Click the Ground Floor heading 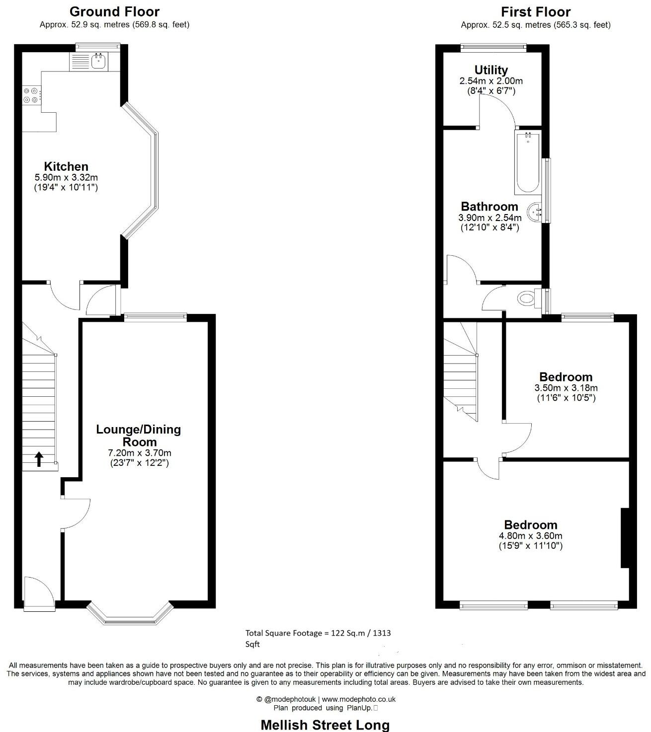(114, 11)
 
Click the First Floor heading (535, 11)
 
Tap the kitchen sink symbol (98, 62)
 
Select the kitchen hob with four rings (30, 95)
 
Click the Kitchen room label (66, 166)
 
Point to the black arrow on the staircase (39, 459)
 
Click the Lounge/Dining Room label (139, 436)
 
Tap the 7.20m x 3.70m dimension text (139, 453)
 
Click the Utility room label (491, 70)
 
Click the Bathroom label (489, 207)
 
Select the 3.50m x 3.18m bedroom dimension (566, 388)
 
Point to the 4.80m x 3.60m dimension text (530, 536)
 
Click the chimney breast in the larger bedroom (625, 537)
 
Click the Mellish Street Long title (325, 725)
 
